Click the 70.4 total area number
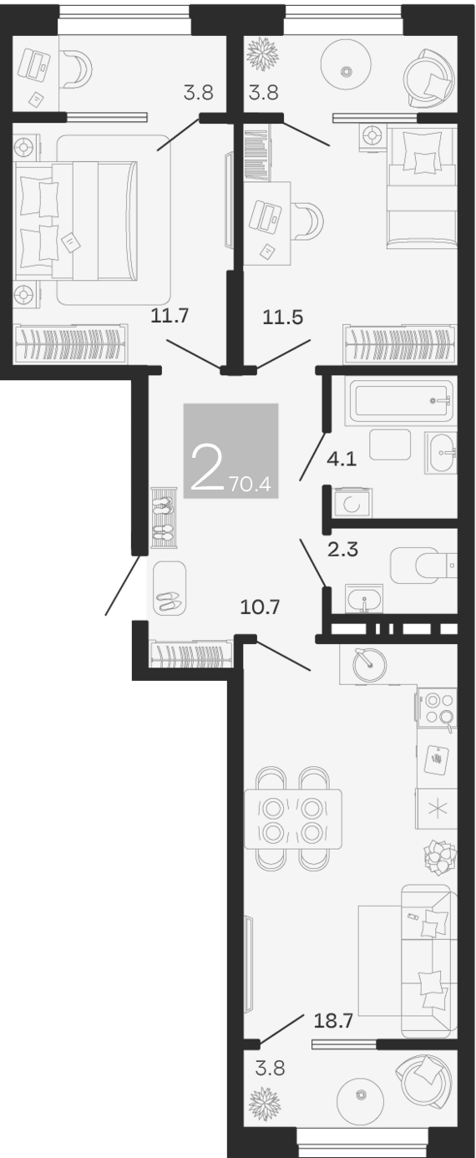click(251, 484)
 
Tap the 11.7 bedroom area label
click(170, 315)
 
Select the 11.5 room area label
click(283, 317)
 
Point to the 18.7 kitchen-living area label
click(333, 1020)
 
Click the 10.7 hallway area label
click(260, 607)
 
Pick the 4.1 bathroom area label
click(342, 459)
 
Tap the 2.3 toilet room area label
click(342, 549)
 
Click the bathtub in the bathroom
click(402, 400)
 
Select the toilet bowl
click(423, 565)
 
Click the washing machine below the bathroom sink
click(352, 503)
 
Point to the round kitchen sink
click(370, 663)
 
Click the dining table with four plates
click(293, 819)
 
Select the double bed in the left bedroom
click(76, 221)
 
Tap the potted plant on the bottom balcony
click(265, 1105)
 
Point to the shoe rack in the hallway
click(165, 517)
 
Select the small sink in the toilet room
click(364, 599)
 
